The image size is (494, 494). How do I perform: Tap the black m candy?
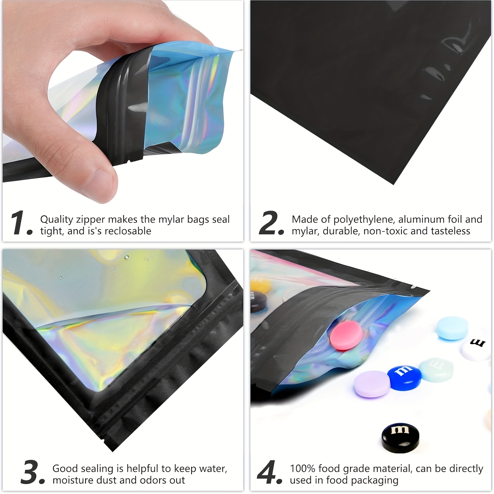click(400, 436)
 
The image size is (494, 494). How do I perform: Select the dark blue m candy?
click(405, 377)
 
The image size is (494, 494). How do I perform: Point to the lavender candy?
click(372, 384)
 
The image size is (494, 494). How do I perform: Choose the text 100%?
click(303, 469)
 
